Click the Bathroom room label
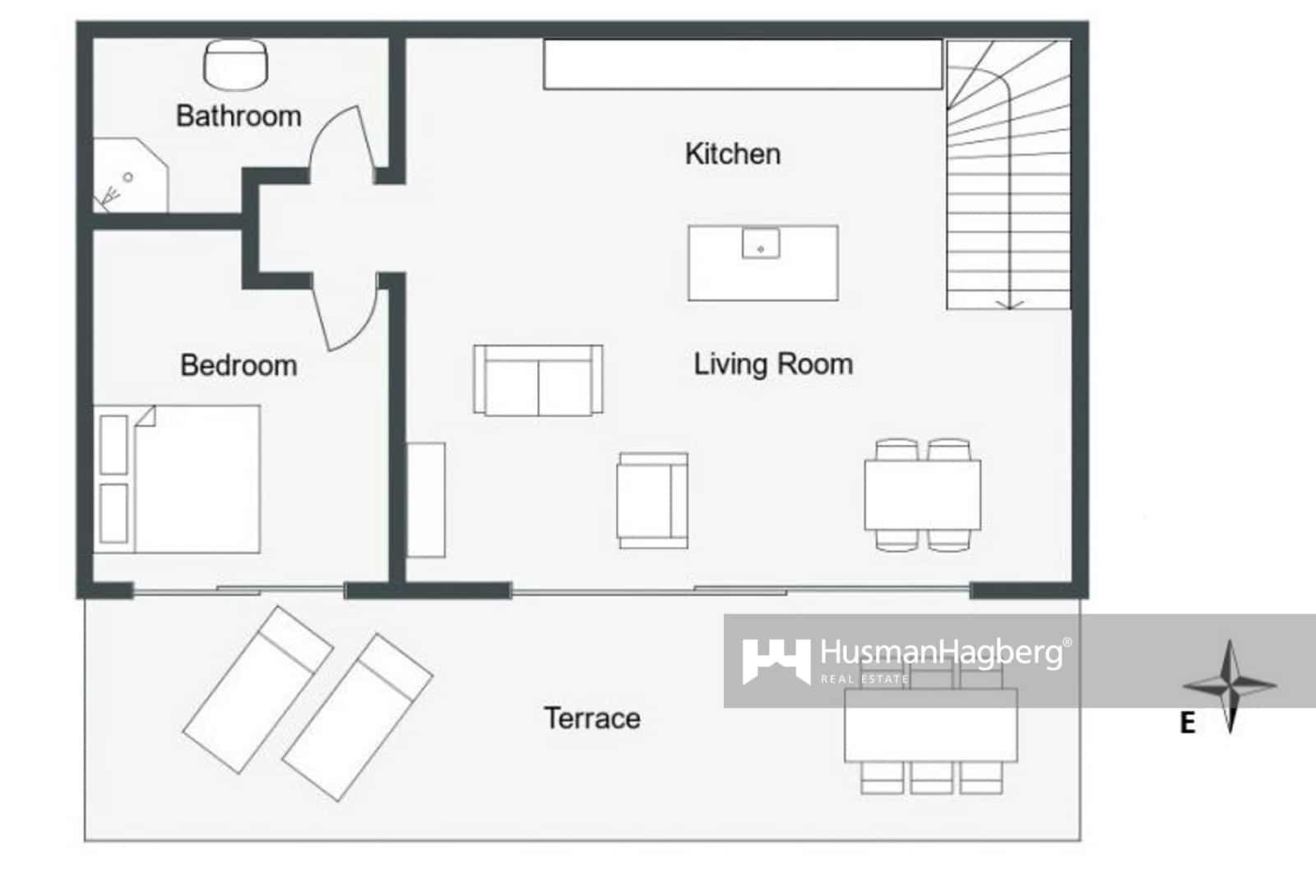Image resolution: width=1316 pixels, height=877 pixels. coord(239,116)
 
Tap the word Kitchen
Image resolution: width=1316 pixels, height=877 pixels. coord(733,154)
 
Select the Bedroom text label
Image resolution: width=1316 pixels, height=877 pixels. coord(239,365)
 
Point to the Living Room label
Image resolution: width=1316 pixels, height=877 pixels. coord(773,364)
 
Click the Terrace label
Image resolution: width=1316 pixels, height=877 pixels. coord(592,718)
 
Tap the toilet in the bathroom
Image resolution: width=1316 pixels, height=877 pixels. coord(235,64)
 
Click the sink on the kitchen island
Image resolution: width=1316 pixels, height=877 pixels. coord(761,244)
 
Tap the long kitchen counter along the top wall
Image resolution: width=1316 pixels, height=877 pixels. coord(743,64)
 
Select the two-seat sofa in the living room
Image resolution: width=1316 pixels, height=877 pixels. coord(538,380)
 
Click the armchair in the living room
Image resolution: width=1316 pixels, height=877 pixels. coord(652,500)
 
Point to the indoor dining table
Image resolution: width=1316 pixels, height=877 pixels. coord(922,494)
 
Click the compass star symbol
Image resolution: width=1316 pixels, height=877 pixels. coord(1230,684)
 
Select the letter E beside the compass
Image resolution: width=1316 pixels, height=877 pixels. coord(1187,723)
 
